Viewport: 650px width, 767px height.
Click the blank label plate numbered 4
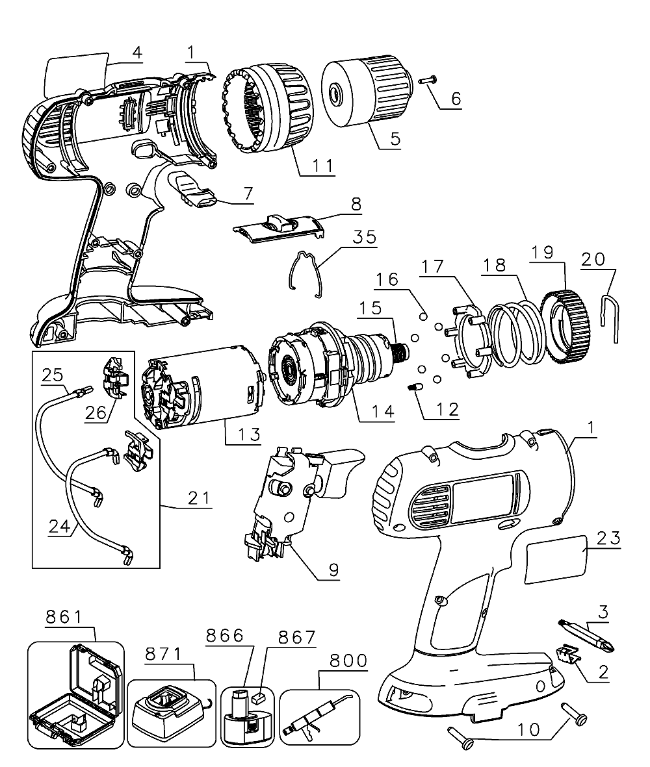[77, 73]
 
